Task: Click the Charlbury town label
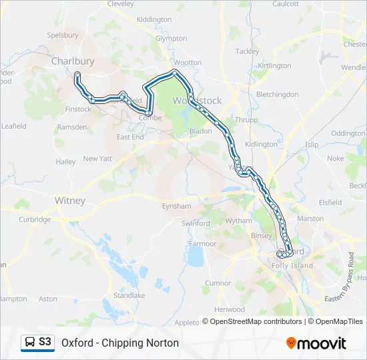coord(73,61)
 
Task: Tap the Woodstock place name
coord(198,101)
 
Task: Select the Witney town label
coord(69,200)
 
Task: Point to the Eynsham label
coord(176,207)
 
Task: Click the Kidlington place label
coord(261,144)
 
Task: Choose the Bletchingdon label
coord(277,95)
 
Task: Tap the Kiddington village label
coord(153,20)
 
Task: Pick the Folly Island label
coord(292,265)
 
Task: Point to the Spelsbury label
coord(63,35)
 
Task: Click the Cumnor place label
coord(218,283)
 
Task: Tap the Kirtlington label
coord(274,65)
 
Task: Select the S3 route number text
coord(45,342)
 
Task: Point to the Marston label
coord(310,219)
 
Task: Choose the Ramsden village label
coord(72,127)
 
